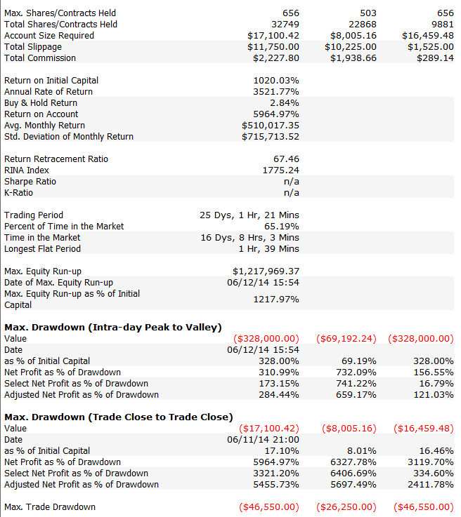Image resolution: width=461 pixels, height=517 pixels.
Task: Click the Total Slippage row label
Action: (33, 47)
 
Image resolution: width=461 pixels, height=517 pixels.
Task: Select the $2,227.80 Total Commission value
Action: (276, 58)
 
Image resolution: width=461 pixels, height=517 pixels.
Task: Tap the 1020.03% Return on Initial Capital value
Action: (276, 81)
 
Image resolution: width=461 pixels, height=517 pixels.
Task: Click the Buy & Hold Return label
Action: (41, 103)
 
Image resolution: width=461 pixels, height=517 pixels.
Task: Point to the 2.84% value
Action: (285, 103)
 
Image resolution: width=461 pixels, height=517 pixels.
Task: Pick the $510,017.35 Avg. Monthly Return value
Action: (271, 126)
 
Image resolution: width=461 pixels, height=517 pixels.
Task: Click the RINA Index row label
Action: (27, 170)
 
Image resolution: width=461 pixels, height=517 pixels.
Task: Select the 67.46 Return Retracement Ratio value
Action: (286, 159)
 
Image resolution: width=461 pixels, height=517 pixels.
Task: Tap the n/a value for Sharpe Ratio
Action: (292, 182)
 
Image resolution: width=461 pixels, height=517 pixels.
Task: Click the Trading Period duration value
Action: (249, 215)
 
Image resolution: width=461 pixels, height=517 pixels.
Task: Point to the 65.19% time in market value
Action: (282, 226)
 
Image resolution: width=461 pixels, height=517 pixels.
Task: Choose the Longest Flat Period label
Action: (42, 248)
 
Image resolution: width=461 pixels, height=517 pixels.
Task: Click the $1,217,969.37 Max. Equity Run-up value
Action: (266, 271)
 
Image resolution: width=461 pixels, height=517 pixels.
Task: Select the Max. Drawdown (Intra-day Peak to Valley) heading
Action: (113, 328)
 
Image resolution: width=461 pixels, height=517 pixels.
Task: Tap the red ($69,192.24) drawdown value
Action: (346, 339)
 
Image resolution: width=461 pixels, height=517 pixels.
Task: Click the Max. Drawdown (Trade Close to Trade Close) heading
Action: (119, 417)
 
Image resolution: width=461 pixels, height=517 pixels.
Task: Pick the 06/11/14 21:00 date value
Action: (264, 440)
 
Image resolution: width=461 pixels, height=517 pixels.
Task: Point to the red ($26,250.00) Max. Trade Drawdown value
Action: (346, 506)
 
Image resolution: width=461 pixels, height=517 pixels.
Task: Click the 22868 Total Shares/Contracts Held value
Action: (363, 25)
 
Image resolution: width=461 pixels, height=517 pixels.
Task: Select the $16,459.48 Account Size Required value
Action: (428, 36)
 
